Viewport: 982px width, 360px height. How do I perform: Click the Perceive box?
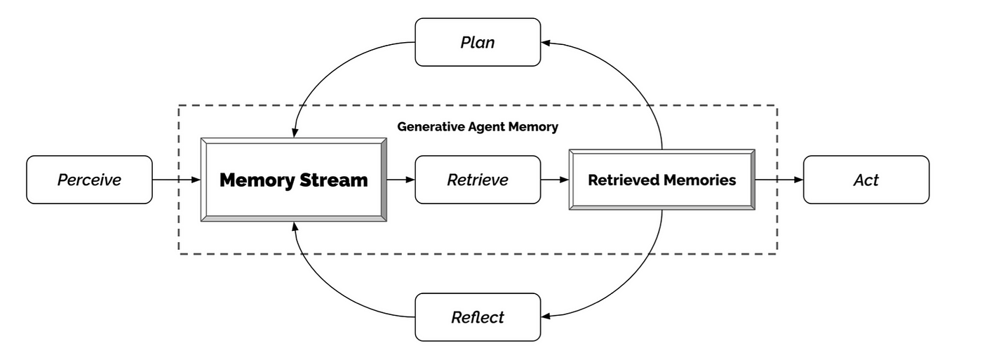coord(89,180)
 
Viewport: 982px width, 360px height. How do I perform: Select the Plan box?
coord(478,42)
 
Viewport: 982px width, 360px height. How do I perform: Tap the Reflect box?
coord(478,317)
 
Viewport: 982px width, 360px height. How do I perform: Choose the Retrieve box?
coord(478,180)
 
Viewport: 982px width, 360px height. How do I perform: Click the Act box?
coord(866,180)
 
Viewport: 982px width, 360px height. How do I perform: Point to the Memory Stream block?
coord(294,180)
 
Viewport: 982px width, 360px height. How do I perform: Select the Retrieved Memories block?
coord(661,180)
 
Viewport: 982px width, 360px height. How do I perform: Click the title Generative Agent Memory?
coord(478,127)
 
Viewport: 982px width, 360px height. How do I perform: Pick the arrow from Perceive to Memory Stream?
coord(177,180)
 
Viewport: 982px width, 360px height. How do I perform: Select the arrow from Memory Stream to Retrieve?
coord(401,180)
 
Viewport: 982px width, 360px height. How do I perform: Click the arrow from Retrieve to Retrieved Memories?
coord(555,180)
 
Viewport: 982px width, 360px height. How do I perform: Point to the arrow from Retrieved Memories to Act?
coord(779,180)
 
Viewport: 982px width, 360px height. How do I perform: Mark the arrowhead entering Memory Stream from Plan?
coord(294,133)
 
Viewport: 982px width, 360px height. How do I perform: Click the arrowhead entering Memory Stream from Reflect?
coord(294,227)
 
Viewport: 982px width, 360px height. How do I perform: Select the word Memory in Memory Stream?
coord(255,180)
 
